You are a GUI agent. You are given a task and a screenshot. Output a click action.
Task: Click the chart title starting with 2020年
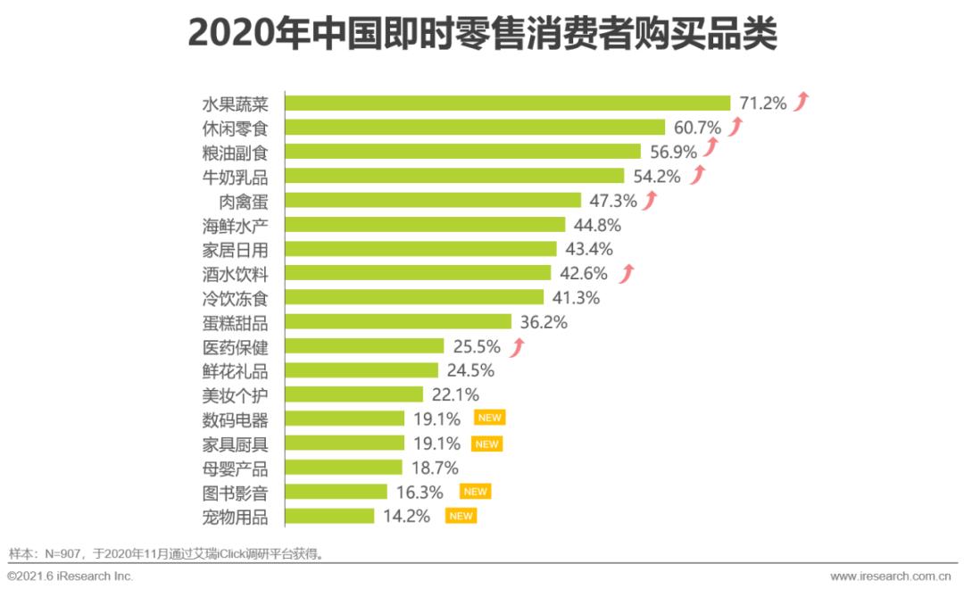pyautogui.click(x=482, y=36)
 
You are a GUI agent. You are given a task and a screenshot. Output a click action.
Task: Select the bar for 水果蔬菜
pyautogui.click(x=507, y=103)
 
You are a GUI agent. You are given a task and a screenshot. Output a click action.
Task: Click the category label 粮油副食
pyautogui.click(x=236, y=152)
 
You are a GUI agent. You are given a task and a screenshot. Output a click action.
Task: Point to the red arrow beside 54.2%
pyautogui.click(x=698, y=175)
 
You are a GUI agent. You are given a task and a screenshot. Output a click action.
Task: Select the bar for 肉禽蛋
pyautogui.click(x=433, y=200)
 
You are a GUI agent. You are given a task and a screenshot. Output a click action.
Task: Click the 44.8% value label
pyautogui.click(x=598, y=224)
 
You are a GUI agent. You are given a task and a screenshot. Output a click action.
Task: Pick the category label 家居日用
pyautogui.click(x=236, y=249)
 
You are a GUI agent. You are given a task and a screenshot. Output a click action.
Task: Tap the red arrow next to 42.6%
pyautogui.click(x=627, y=272)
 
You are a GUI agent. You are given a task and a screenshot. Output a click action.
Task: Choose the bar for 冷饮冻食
pyautogui.click(x=414, y=297)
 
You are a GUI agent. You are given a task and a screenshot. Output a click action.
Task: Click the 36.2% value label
pyautogui.click(x=544, y=321)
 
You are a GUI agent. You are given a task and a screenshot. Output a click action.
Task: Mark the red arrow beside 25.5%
pyautogui.click(x=519, y=345)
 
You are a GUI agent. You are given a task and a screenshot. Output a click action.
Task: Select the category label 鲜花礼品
pyautogui.click(x=236, y=370)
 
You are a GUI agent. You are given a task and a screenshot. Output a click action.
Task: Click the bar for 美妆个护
pyautogui.click(x=354, y=394)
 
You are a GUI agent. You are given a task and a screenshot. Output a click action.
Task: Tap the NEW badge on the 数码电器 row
pyautogui.click(x=490, y=418)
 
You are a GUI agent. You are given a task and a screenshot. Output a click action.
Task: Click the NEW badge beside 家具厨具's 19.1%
pyautogui.click(x=486, y=444)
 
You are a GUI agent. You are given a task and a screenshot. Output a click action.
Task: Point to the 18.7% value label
pyautogui.click(x=435, y=468)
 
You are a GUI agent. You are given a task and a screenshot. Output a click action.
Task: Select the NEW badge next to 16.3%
pyautogui.click(x=475, y=492)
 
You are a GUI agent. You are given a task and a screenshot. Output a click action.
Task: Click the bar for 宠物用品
pyautogui.click(x=329, y=516)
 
